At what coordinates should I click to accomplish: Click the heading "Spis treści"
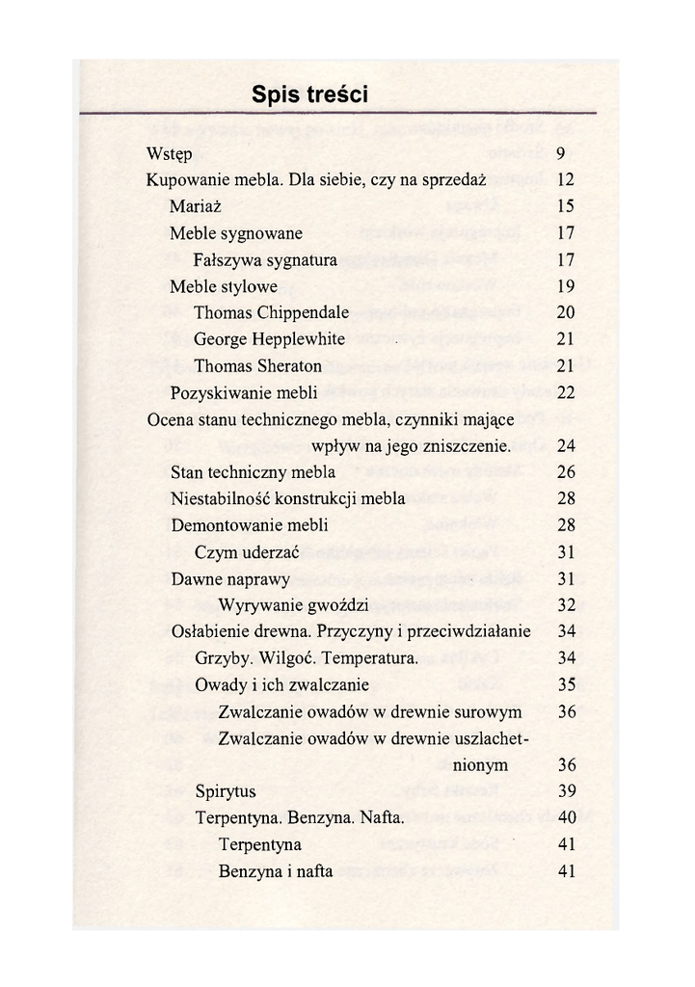tap(309, 93)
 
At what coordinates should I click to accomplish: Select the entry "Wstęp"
tap(169, 154)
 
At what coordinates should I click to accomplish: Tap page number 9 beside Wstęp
tap(560, 153)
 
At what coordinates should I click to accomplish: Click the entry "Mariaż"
tap(196, 206)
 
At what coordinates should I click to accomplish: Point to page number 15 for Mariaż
tap(566, 206)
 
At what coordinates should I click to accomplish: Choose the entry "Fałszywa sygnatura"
tap(265, 260)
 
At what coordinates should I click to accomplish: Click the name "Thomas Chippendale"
tap(271, 313)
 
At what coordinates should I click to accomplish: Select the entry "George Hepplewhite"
tap(269, 339)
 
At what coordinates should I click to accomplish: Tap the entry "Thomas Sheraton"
tap(257, 366)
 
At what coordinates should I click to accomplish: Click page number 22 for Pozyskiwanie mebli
tap(566, 392)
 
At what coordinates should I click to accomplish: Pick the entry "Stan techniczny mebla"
tap(253, 472)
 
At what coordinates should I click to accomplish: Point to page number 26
tap(566, 472)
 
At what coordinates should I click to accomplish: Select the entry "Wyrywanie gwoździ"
tap(294, 605)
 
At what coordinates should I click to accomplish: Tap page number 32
tap(567, 605)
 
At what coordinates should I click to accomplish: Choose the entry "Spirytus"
tap(226, 791)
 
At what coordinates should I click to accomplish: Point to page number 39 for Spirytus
tap(567, 791)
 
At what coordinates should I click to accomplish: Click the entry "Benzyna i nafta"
tap(276, 871)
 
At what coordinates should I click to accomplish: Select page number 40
tap(567, 818)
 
